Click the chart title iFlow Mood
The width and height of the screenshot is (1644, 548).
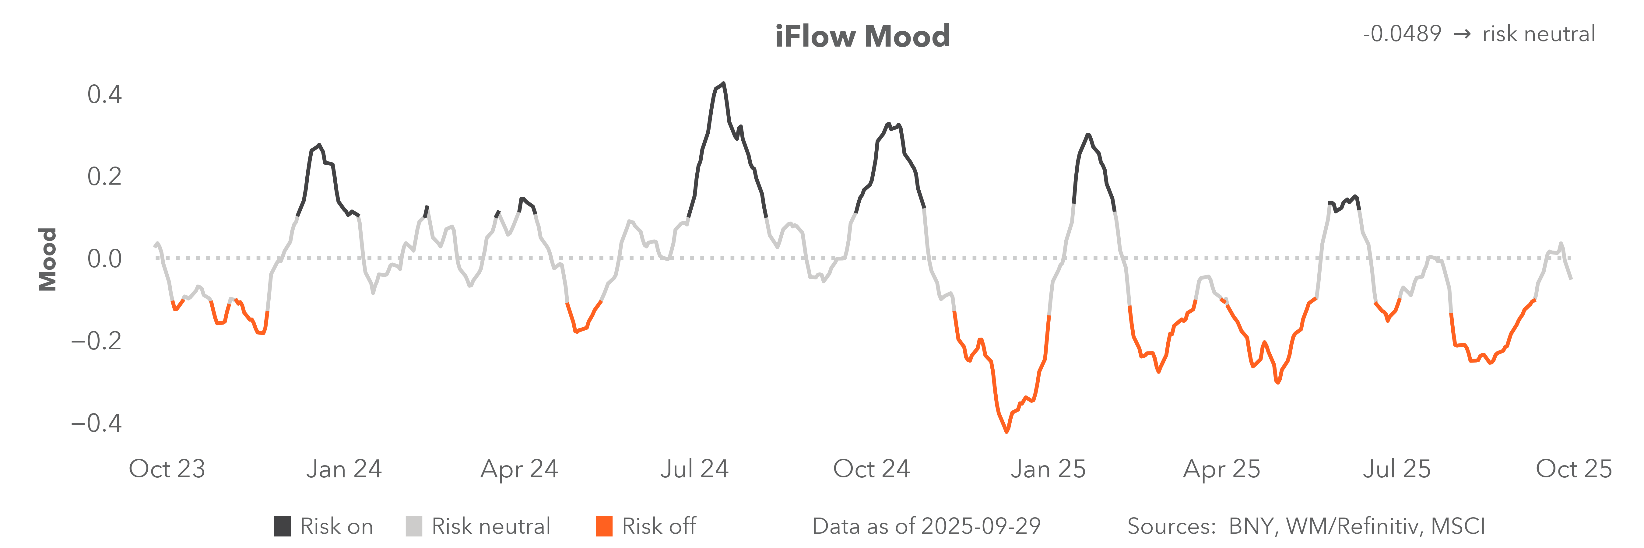click(862, 36)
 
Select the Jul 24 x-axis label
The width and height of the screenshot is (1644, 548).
click(694, 469)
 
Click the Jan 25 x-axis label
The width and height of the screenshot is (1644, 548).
click(1048, 469)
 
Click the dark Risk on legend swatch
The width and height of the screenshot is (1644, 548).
click(282, 526)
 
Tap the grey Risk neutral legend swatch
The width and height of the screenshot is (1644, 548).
click(413, 526)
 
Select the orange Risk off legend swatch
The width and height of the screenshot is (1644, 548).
click(604, 526)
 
